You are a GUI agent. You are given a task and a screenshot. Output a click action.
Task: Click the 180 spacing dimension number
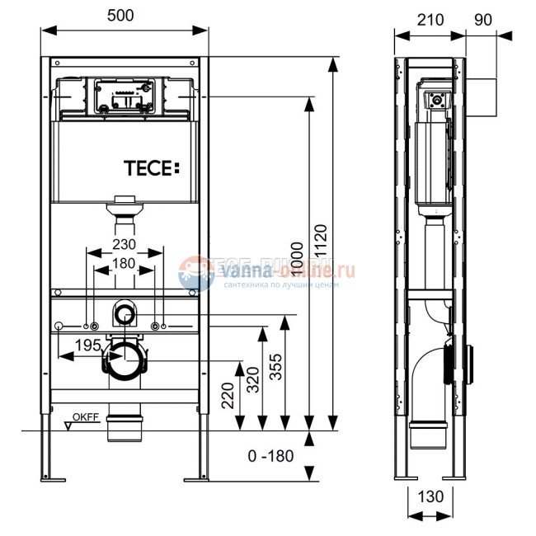click(x=125, y=264)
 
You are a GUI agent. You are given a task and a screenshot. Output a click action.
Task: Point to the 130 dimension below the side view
click(x=429, y=496)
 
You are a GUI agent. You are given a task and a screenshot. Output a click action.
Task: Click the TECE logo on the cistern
click(x=149, y=168)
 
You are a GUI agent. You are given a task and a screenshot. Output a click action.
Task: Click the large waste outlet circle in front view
click(x=125, y=360)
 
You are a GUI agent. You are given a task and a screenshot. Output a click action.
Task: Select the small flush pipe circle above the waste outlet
click(x=125, y=313)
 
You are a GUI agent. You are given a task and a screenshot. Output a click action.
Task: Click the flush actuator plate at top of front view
click(x=125, y=96)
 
